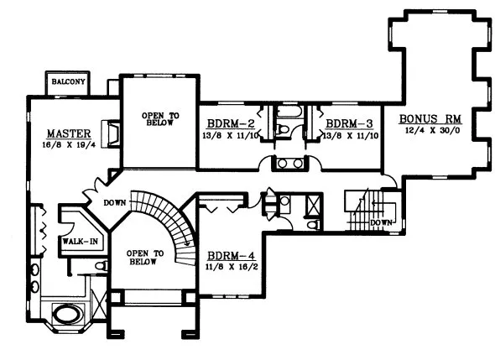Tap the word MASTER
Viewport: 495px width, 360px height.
(62, 133)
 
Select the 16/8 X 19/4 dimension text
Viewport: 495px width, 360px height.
(62, 145)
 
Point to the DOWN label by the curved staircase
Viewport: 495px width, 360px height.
(115, 202)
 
